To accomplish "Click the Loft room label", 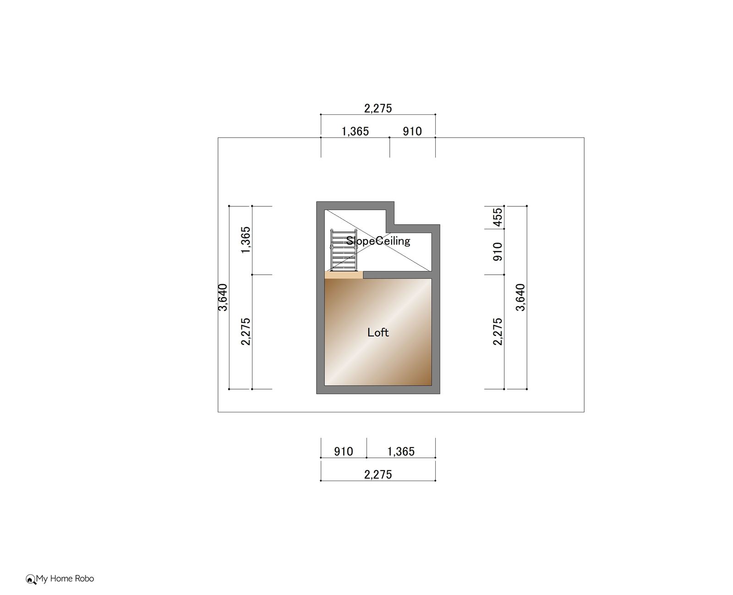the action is click(x=377, y=332).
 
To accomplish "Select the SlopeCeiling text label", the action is click(x=378, y=241).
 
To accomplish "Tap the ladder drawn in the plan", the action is click(x=344, y=250).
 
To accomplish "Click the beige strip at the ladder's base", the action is click(x=344, y=275).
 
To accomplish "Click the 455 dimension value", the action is click(x=498, y=217).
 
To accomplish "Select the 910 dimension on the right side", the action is click(x=498, y=252).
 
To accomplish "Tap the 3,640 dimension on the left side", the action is click(x=223, y=297).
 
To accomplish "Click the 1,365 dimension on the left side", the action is click(x=246, y=240).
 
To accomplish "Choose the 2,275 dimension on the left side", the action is click(x=246, y=332).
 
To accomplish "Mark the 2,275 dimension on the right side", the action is click(x=498, y=332).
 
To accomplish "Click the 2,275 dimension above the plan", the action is click(x=378, y=108).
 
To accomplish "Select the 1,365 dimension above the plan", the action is click(x=355, y=131).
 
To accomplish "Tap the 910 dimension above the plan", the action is click(x=412, y=131).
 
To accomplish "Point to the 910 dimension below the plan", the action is click(x=344, y=451).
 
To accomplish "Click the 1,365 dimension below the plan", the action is click(x=400, y=451).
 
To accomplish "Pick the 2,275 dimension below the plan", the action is click(x=378, y=474).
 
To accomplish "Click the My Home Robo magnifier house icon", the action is click(x=31, y=579).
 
